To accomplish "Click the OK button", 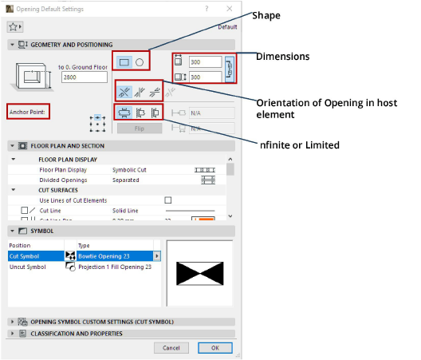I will (x=214, y=348).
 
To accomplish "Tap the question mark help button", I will (x=207, y=8).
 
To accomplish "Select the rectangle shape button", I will (x=124, y=61).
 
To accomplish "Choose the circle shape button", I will (x=139, y=61).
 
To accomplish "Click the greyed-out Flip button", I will (x=140, y=128).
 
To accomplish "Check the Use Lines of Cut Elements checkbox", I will (x=167, y=200).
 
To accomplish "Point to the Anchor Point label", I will (x=27, y=111).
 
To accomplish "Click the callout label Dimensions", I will (x=282, y=57).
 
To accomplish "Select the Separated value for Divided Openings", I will (x=126, y=180).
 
